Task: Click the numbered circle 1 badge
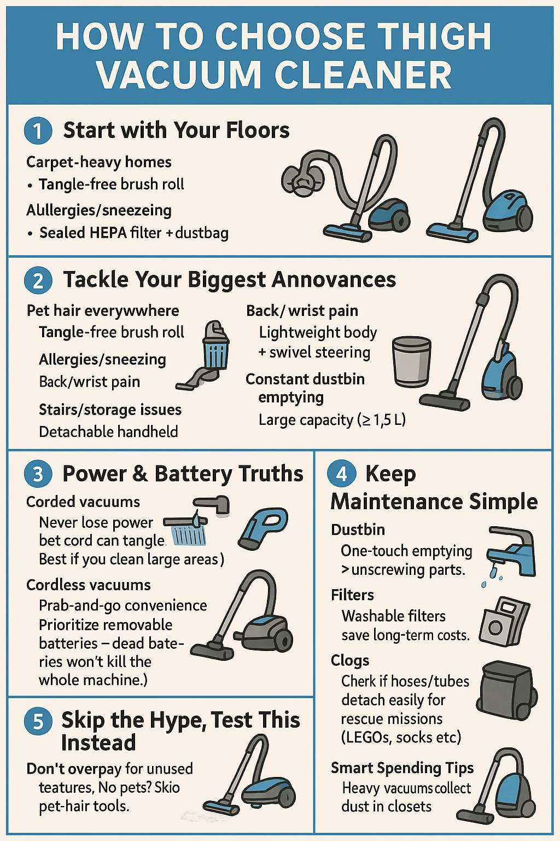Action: (x=38, y=131)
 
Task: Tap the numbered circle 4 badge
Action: (x=341, y=474)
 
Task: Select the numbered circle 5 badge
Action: (x=38, y=722)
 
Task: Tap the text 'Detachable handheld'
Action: (x=108, y=432)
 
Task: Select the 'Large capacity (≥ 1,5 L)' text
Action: (x=332, y=420)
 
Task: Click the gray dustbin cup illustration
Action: (x=411, y=361)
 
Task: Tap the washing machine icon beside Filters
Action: (x=504, y=621)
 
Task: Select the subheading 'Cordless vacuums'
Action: (x=89, y=585)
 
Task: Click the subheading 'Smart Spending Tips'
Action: (x=402, y=768)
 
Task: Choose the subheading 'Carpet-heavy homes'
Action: (x=98, y=163)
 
